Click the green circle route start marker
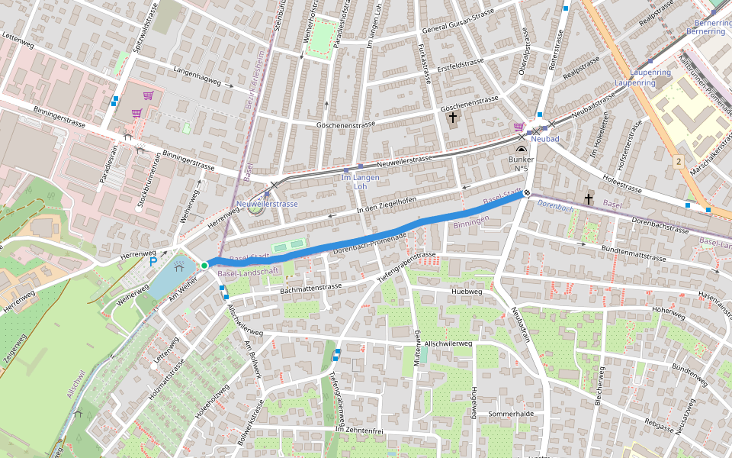204,265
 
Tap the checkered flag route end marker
526,193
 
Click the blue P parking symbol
152,261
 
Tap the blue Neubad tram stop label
545,139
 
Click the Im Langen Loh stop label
361,182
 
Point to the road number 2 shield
677,161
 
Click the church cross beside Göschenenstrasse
453,118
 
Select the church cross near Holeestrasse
588,199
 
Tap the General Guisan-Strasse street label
458,21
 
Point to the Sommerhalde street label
512,414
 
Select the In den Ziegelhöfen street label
387,205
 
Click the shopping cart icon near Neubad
518,127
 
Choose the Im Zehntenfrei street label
358,431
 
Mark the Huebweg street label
467,292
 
